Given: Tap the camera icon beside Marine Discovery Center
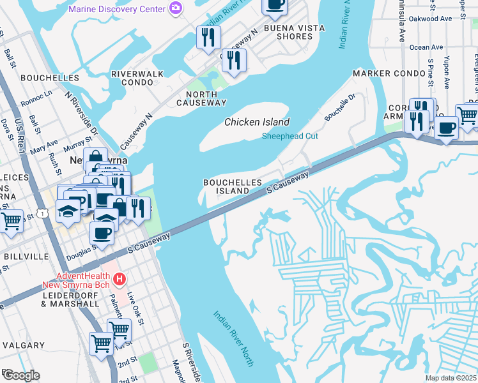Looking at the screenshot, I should [x=175, y=9].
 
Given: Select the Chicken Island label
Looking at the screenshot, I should [x=257, y=122].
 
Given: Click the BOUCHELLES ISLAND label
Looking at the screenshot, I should [x=233, y=186].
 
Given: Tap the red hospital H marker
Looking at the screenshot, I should [x=118, y=279].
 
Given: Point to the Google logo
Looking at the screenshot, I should [x=20, y=375].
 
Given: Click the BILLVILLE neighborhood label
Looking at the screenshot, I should [x=26, y=256].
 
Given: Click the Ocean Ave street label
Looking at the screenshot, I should [x=426, y=47].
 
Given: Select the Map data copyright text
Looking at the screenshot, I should [x=451, y=378].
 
